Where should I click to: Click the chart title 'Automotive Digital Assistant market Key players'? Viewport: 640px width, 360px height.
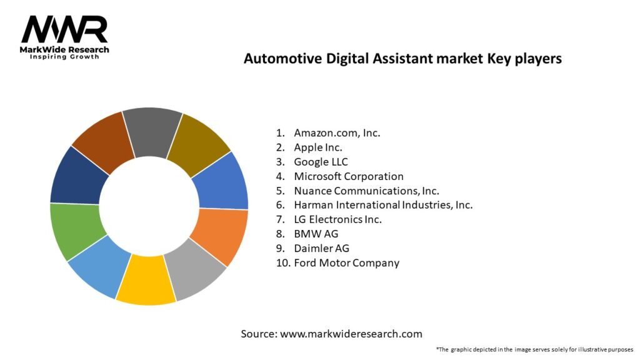click(x=402, y=59)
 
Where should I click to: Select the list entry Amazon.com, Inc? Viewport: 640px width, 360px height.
click(x=337, y=133)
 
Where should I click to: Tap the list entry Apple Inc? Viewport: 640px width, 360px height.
click(x=318, y=147)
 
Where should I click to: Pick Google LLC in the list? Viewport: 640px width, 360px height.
click(x=321, y=162)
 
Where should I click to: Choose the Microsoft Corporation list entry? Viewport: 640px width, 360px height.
click(x=349, y=176)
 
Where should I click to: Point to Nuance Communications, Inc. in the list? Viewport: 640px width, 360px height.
click(x=366, y=191)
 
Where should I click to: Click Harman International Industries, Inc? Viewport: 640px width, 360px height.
click(x=383, y=205)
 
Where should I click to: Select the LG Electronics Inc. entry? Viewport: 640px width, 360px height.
click(x=337, y=219)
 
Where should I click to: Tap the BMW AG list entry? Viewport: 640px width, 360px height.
click(x=315, y=234)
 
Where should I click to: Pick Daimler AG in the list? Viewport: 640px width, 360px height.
click(x=321, y=248)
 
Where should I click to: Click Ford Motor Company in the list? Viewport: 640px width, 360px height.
click(x=346, y=262)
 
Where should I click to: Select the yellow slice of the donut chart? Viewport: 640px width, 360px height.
click(x=145, y=282)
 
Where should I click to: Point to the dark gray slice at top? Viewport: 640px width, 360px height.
click(x=152, y=131)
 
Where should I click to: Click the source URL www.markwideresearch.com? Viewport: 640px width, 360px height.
click(x=351, y=334)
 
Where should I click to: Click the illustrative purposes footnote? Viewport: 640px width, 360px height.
click(x=534, y=349)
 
